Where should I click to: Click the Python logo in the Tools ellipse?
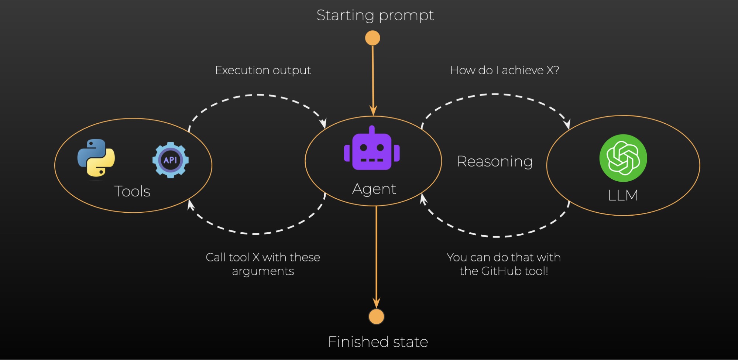[96, 158]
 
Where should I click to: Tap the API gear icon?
[170, 160]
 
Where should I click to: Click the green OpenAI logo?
[623, 158]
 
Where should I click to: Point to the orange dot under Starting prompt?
[373, 38]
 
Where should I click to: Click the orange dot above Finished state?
[376, 316]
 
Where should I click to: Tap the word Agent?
[374, 189]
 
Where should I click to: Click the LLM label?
[623, 195]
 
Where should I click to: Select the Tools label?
[132, 192]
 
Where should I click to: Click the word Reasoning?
[495, 161]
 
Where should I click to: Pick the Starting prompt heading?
[375, 16]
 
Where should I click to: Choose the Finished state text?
[378, 342]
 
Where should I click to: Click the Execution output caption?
[263, 70]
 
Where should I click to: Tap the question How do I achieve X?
[504, 70]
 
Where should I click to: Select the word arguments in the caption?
[263, 271]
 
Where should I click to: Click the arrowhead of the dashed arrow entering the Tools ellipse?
[190, 204]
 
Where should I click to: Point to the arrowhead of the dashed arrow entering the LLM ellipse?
[567, 124]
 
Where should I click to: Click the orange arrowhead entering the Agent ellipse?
[373, 110]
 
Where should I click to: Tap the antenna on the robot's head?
[372, 129]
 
